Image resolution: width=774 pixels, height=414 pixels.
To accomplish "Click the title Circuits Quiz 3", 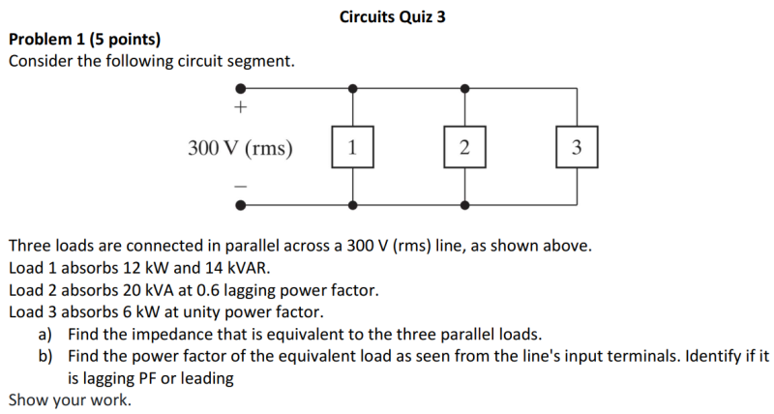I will [393, 16].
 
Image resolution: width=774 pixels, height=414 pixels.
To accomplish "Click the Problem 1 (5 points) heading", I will [84, 40].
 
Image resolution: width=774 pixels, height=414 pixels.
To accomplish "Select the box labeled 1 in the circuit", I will [352, 148].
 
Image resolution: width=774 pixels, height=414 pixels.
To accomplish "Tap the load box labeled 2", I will [465, 148].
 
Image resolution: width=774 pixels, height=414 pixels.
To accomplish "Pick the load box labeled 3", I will [577, 148].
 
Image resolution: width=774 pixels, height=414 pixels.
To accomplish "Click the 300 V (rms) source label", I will [241, 148].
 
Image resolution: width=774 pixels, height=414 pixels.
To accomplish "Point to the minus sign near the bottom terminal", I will [241, 184].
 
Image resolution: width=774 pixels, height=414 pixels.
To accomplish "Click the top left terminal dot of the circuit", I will [241, 87].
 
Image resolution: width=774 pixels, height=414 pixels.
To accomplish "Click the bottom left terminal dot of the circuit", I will [241, 204].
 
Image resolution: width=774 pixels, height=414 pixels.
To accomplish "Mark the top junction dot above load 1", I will [352, 87].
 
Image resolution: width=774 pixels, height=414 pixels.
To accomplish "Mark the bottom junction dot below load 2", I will [465, 204].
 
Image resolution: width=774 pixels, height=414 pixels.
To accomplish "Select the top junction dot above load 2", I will [465, 87].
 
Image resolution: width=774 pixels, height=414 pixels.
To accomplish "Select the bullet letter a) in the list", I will [45, 335].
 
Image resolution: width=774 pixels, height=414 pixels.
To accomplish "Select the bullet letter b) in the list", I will [45, 356].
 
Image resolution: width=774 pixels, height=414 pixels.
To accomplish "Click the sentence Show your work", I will [69, 399].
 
